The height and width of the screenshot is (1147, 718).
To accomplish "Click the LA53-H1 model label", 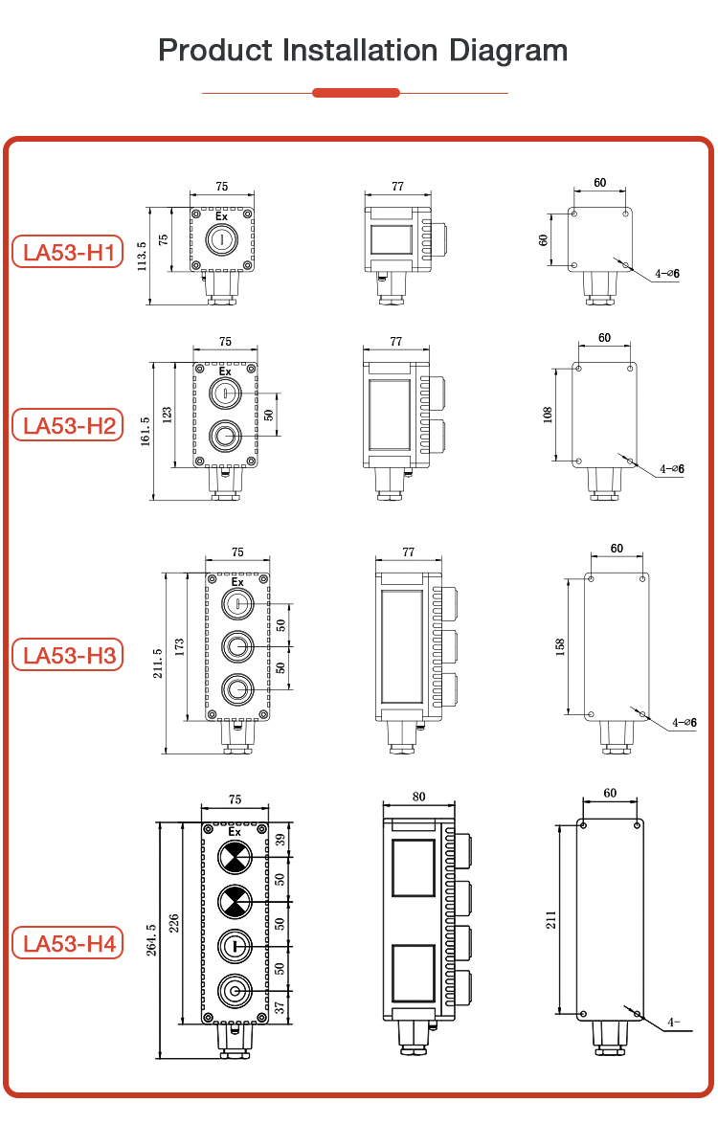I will pos(68,253).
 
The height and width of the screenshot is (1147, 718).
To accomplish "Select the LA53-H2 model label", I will pos(68,425).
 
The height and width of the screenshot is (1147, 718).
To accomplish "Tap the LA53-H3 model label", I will pos(68,655).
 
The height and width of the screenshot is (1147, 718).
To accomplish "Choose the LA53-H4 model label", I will pos(68,943).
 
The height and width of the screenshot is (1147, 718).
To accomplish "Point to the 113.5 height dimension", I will pos(142,258).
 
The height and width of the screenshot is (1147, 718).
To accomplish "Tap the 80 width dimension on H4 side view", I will pos(418,797).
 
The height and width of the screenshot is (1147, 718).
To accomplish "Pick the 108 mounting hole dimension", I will pos(549,415).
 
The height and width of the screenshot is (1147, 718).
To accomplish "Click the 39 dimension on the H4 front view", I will pos(280,840).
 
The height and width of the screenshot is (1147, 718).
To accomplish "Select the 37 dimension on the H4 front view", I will pos(280,1006).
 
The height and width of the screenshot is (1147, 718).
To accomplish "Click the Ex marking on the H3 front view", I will pos(236,581).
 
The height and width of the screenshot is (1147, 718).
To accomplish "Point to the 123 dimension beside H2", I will pos(167,415).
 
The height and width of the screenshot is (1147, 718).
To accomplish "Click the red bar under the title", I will pos(356,93).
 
